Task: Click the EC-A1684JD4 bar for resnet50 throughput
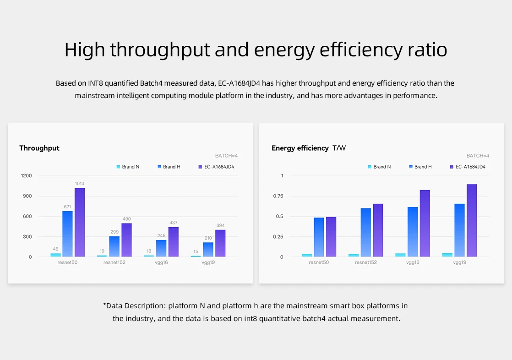(x=80, y=222)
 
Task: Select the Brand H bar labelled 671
(x=67, y=234)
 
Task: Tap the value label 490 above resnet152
(x=126, y=219)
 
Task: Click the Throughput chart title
(x=39, y=148)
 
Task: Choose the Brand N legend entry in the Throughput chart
(x=128, y=167)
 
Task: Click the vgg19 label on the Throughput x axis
(x=208, y=262)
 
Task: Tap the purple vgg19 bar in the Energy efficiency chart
(x=472, y=220)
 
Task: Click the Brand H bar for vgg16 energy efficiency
(x=413, y=232)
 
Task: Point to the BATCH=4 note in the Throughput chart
(x=226, y=156)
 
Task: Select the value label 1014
(x=80, y=184)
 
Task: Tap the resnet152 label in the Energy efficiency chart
(x=365, y=262)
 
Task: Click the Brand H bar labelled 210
(x=208, y=249)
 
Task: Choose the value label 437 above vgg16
(x=174, y=223)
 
